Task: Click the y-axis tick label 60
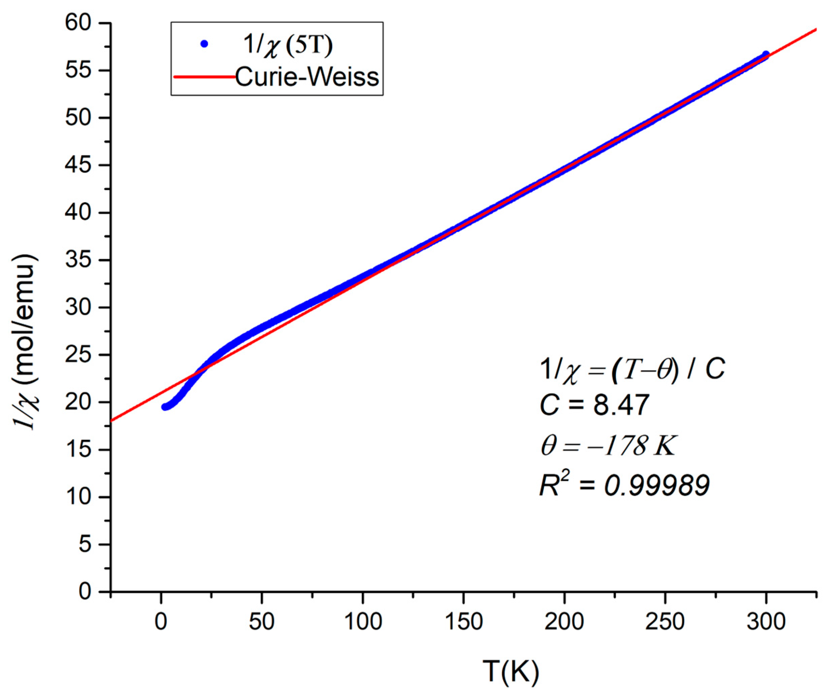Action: click(83, 24)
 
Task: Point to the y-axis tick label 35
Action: click(83, 260)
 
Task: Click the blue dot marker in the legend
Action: click(204, 44)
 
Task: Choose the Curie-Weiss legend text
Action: click(307, 77)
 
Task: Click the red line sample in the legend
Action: click(204, 77)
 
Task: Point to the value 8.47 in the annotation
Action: click(621, 405)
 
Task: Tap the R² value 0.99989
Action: click(657, 486)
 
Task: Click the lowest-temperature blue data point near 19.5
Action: click(165, 407)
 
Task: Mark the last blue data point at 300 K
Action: click(766, 54)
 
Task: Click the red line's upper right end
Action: click(816, 29)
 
